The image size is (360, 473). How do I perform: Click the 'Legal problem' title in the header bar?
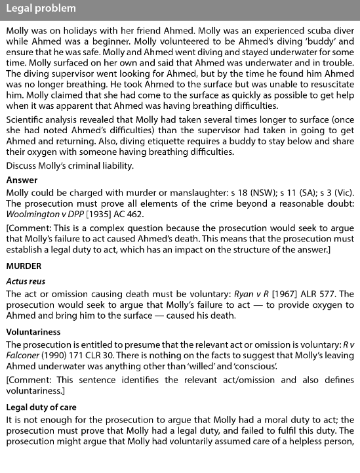[41, 9]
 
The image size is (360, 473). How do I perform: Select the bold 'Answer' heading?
[22, 180]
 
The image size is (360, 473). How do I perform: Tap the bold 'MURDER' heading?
[24, 266]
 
